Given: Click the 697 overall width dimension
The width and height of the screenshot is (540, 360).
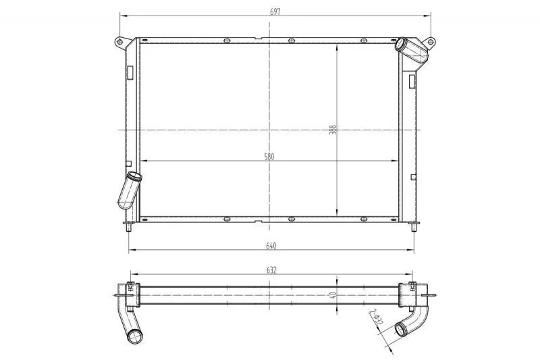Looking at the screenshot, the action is coord(275,11).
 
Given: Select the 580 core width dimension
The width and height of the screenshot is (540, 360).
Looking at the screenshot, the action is coord(269,157).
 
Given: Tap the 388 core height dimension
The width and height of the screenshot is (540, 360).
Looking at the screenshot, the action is coord(333,130).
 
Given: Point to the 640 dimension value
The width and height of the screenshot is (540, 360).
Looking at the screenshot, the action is coord(271,246).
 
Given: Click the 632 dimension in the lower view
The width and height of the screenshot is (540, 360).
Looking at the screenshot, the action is coord(271,270).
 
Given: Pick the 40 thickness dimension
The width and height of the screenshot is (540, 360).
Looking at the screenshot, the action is coord(333,295).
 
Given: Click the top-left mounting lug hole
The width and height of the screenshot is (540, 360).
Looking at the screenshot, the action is coord(119,42).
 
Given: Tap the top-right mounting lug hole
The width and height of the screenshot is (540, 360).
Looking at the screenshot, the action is coord(431,42).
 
